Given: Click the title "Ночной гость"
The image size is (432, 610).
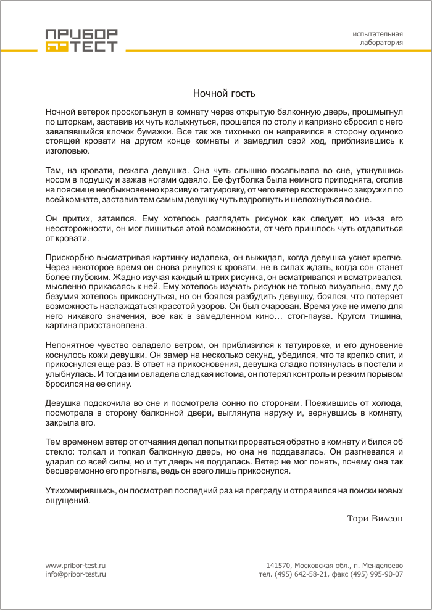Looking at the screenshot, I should (224, 94).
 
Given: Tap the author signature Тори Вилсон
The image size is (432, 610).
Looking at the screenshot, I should (375, 518).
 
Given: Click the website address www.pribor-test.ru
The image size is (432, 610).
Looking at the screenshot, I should (76, 565).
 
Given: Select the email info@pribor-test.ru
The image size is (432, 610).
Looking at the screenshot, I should (76, 574).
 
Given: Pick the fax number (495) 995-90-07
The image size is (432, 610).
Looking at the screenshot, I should (377, 574).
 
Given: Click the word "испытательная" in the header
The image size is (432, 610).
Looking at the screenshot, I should (378, 33).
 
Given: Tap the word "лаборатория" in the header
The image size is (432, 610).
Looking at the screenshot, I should (381, 43).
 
